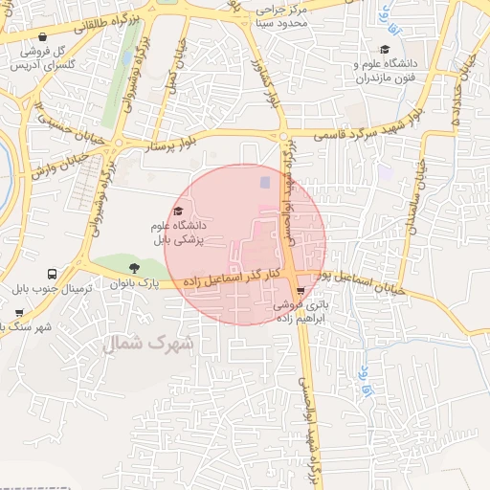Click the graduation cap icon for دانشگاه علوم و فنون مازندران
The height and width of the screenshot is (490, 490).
tap(385, 49)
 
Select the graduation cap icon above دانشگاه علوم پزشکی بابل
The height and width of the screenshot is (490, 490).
tap(177, 212)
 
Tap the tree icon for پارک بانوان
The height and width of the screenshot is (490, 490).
tap(133, 267)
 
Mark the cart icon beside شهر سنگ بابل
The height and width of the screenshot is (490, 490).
tap(18, 312)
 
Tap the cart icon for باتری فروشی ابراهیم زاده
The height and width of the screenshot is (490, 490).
tap(301, 290)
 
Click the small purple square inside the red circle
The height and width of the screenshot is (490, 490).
tap(266, 181)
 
